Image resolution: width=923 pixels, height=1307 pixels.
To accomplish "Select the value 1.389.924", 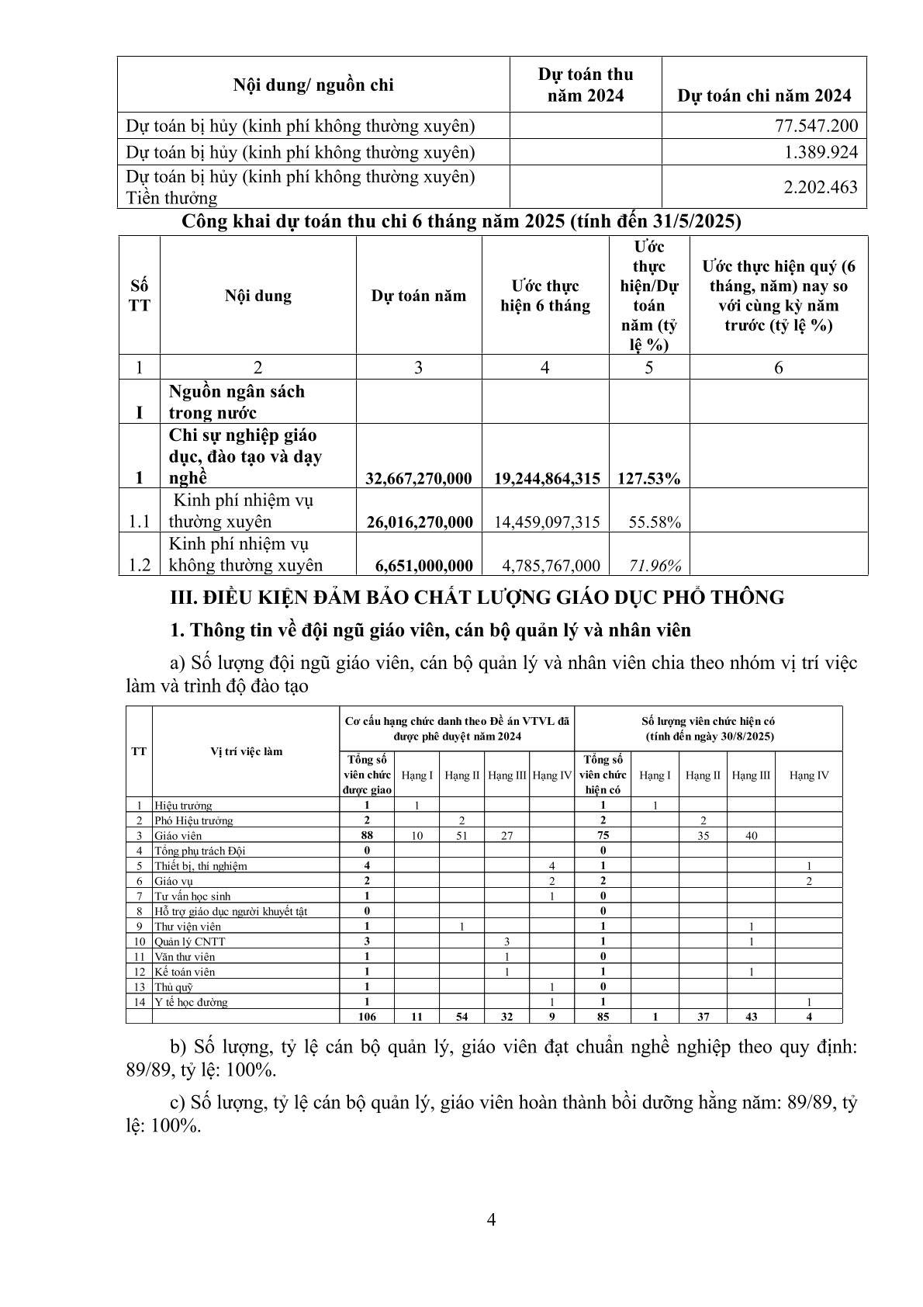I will tap(821, 151).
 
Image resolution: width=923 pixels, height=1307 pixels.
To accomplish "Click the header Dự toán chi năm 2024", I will tap(764, 95).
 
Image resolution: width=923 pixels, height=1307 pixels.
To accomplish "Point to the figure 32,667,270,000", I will tap(418, 478).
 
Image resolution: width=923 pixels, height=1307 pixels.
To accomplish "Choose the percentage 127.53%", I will tap(648, 478).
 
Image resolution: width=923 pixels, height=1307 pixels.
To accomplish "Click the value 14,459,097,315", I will tap(546, 522).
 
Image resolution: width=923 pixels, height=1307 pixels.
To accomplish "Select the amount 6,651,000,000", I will tap(418, 565).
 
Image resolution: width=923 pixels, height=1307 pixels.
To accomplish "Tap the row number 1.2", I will tap(140, 565).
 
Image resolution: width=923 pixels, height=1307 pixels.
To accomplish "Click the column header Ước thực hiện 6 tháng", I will tap(545, 296).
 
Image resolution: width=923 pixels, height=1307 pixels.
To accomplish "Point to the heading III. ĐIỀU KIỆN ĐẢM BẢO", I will tap(477, 597).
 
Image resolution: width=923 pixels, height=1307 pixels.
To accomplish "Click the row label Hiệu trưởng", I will tap(183, 806).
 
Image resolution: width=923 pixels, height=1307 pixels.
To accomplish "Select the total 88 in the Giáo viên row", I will tap(367, 835).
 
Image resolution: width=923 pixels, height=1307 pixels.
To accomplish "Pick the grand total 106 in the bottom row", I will tap(367, 1016).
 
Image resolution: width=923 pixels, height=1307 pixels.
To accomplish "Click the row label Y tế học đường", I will tap(192, 1002).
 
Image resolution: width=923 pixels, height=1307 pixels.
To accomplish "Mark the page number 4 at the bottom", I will tap(491, 1219).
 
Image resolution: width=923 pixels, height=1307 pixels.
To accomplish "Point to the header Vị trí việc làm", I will tap(246, 751).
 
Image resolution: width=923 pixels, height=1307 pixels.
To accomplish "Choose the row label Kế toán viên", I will tap(185, 972).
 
